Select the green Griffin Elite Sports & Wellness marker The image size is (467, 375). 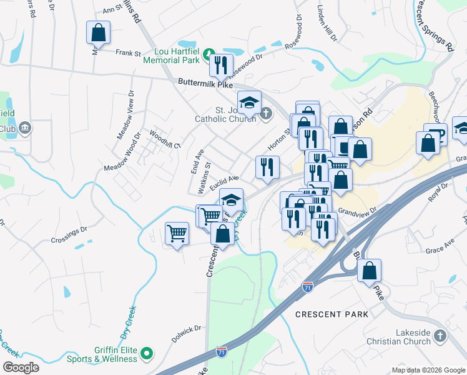[147, 354]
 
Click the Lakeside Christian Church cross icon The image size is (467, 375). [440, 336]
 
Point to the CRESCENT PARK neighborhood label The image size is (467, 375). [332, 314]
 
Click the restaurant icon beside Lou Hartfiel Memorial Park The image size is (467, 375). [221, 65]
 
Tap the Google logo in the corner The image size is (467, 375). [21, 367]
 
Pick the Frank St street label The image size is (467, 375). [128, 54]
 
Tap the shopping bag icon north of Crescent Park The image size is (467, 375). [370, 271]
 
